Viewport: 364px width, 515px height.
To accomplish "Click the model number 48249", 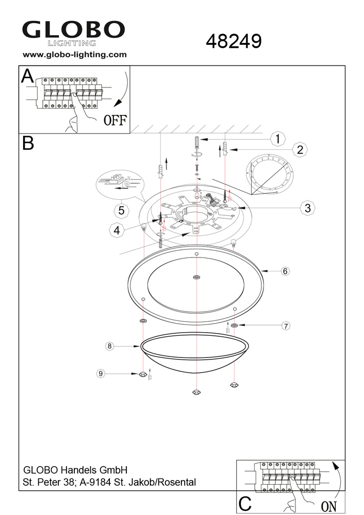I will click(x=234, y=41).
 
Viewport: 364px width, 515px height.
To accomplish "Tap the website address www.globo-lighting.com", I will click(x=75, y=54).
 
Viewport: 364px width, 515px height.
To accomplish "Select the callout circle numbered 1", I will click(x=278, y=139).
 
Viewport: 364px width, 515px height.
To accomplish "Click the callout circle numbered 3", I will click(x=307, y=208).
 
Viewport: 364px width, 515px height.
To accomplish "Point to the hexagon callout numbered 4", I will click(x=117, y=231).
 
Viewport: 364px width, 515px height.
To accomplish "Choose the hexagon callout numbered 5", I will click(x=121, y=210).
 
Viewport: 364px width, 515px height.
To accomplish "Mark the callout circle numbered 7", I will click(x=286, y=325).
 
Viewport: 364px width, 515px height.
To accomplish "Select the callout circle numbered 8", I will click(x=109, y=346).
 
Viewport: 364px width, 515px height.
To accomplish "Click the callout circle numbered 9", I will click(x=101, y=373).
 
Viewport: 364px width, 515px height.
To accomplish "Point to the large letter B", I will click(x=28, y=143).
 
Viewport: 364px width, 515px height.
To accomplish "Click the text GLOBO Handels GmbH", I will click(x=75, y=470).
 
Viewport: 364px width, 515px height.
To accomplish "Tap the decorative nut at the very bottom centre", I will click(x=196, y=392).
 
